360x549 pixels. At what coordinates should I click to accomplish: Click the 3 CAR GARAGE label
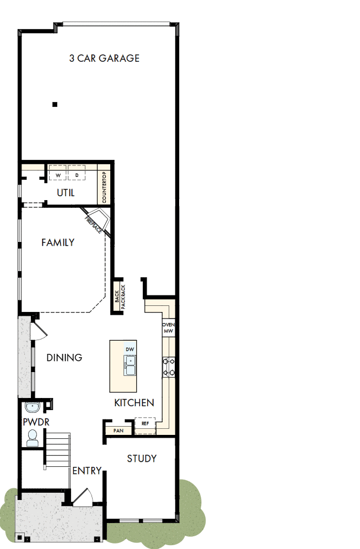[x=104, y=58]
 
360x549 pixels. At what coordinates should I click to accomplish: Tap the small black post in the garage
[x=55, y=104]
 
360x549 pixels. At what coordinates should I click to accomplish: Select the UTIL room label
[x=66, y=193]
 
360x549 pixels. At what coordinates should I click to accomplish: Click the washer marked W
[x=57, y=175]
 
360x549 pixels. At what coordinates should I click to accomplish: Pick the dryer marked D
[x=77, y=175]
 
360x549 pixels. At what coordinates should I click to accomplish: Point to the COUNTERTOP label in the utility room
[x=105, y=187]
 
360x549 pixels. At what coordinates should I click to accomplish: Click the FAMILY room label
[x=58, y=242]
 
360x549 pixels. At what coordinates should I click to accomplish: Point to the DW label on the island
[x=130, y=349]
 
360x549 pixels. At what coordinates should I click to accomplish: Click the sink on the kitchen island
[x=131, y=365]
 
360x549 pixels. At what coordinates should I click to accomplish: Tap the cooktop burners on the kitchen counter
[x=169, y=367]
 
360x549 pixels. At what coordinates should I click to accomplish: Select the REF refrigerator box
[x=146, y=424]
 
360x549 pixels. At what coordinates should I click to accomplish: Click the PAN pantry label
[x=118, y=430]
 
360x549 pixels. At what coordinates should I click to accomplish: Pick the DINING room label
[x=64, y=357]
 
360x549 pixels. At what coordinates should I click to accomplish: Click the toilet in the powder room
[x=32, y=438]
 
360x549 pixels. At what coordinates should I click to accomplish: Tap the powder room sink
[x=32, y=408]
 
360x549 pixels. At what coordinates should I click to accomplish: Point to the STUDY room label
[x=142, y=458]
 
